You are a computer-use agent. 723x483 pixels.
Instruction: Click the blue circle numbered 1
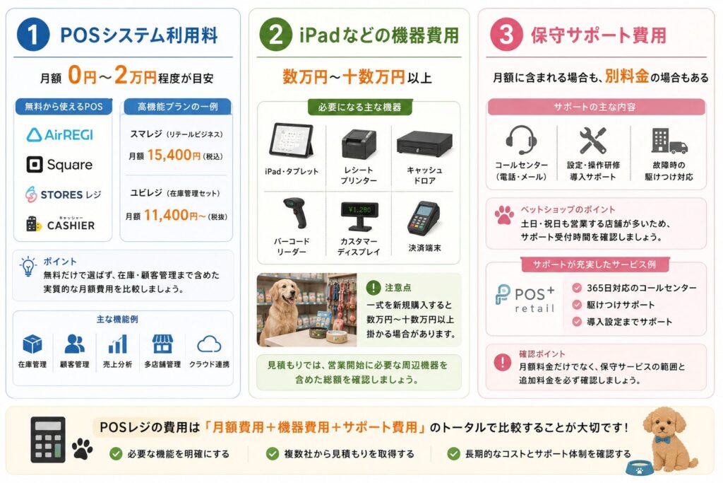click(x=33, y=35)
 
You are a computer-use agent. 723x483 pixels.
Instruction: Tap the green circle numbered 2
click(x=276, y=35)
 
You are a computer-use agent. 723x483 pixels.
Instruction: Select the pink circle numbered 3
click(x=506, y=35)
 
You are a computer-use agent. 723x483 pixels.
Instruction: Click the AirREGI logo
click(x=60, y=135)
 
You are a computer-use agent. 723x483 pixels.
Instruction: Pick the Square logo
click(x=59, y=164)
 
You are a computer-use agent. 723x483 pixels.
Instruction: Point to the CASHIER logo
click(x=60, y=224)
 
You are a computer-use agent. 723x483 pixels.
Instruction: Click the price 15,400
click(x=169, y=155)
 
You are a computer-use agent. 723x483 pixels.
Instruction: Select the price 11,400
click(x=166, y=215)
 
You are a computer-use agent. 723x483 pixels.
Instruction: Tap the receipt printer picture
click(x=358, y=144)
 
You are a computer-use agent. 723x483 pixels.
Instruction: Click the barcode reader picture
click(x=296, y=212)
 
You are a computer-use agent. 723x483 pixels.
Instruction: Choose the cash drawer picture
click(x=424, y=144)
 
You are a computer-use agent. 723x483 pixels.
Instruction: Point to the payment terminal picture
click(x=424, y=218)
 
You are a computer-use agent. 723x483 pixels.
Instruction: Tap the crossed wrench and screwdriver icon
click(x=593, y=140)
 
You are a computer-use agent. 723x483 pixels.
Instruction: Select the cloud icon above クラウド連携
click(x=209, y=344)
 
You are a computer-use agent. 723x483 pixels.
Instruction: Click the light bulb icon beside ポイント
click(x=28, y=267)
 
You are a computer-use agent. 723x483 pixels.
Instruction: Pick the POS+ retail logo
click(x=525, y=298)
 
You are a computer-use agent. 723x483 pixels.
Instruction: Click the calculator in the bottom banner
click(x=47, y=440)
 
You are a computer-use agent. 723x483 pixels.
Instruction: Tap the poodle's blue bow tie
click(x=662, y=439)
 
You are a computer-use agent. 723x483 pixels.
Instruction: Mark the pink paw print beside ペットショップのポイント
click(x=504, y=215)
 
